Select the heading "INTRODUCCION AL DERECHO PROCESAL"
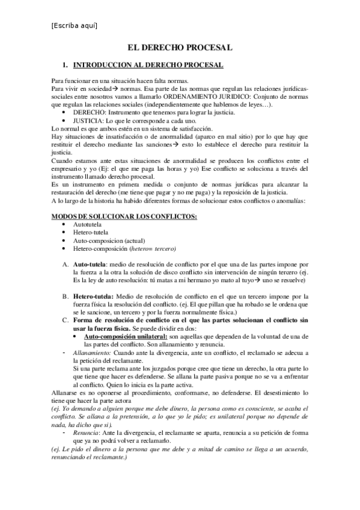click(148, 64)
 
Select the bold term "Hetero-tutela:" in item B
click(94, 296)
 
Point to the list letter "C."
click(65, 319)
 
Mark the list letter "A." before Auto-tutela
click(65, 264)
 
